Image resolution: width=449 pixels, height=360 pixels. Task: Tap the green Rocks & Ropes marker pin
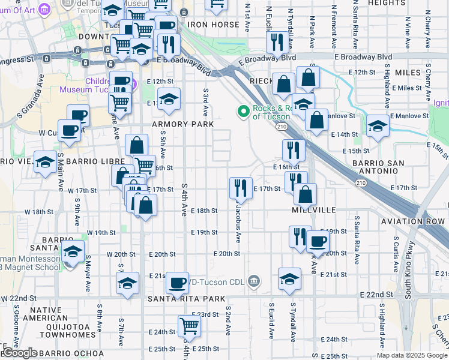pos(243,111)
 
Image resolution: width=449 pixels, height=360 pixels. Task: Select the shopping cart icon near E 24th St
pos(190,326)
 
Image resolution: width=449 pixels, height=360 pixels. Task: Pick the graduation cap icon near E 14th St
pos(378,126)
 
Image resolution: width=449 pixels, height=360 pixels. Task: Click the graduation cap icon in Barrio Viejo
pos(45,162)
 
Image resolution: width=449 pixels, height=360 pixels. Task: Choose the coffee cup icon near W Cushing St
pos(70,130)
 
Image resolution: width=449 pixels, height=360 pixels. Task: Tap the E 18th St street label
pos(204,211)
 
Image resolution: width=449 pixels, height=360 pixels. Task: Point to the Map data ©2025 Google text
pos(411,355)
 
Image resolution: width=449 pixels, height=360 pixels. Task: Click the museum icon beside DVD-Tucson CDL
pos(255,281)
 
